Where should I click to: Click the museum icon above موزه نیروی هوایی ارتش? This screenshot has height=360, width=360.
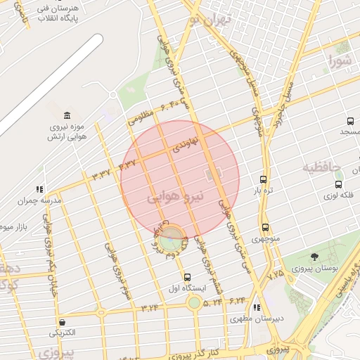67,115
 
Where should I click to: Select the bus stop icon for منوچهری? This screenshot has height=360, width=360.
265,228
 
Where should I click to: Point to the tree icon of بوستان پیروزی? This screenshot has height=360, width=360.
314,257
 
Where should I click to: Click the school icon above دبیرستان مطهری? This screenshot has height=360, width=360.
257,307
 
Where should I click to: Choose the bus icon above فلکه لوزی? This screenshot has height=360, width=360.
339,184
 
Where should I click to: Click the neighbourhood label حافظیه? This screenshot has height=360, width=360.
321,167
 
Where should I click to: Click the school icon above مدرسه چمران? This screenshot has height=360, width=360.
39,189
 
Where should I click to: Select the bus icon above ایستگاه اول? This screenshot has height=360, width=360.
187,277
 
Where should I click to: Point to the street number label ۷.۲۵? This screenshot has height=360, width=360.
276,271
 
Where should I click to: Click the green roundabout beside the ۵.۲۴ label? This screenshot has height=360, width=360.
193,303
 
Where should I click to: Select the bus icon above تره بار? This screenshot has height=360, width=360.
263,179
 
